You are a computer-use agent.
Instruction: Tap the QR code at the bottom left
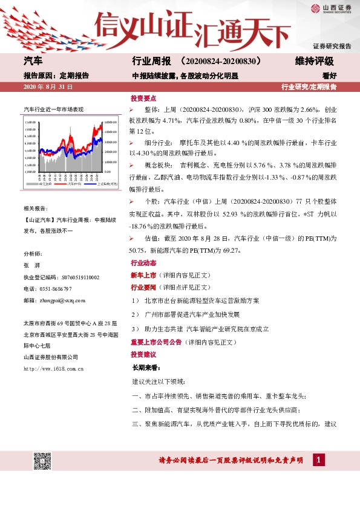(41, 461)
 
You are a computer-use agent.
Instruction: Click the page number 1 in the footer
(319, 461)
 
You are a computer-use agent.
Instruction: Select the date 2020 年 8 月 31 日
(48, 88)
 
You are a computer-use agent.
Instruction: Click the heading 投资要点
(143, 98)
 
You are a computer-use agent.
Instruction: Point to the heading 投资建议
(143, 354)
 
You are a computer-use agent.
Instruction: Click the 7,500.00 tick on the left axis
(30, 123)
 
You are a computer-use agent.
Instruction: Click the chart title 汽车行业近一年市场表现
(53, 109)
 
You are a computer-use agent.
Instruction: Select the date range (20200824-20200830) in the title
(220, 62)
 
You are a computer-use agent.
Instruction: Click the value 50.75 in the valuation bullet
(140, 250)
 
